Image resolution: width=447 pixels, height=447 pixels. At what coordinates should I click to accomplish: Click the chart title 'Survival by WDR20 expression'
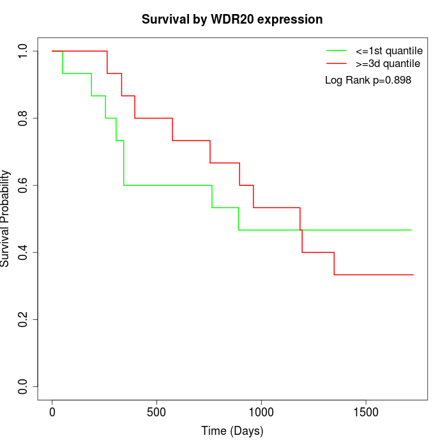(x=232, y=20)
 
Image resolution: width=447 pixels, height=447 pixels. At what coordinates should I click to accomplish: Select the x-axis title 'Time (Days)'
(x=232, y=431)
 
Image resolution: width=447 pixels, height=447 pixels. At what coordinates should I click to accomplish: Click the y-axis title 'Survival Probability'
(x=6, y=218)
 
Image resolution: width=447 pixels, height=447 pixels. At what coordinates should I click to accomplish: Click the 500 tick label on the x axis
(x=156, y=412)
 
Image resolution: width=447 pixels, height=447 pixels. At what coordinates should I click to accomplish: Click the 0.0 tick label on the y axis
(x=24, y=386)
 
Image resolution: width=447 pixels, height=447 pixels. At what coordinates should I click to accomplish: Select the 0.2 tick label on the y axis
(x=24, y=319)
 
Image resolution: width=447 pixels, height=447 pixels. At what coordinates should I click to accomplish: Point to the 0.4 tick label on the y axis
(x=24, y=252)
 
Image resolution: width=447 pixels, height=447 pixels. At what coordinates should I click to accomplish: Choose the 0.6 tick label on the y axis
(x=24, y=185)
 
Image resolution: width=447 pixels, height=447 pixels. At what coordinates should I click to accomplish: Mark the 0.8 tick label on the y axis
(x=24, y=118)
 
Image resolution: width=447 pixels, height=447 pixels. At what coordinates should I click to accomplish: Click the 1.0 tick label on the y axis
(x=24, y=51)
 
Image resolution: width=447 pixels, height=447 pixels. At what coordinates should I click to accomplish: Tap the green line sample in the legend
(x=337, y=50)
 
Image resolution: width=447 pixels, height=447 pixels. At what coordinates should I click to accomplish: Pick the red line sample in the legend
(x=337, y=63)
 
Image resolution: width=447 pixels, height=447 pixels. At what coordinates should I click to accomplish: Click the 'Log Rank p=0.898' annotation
(x=368, y=80)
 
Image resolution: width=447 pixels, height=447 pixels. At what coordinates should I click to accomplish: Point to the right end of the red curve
(x=413, y=275)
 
